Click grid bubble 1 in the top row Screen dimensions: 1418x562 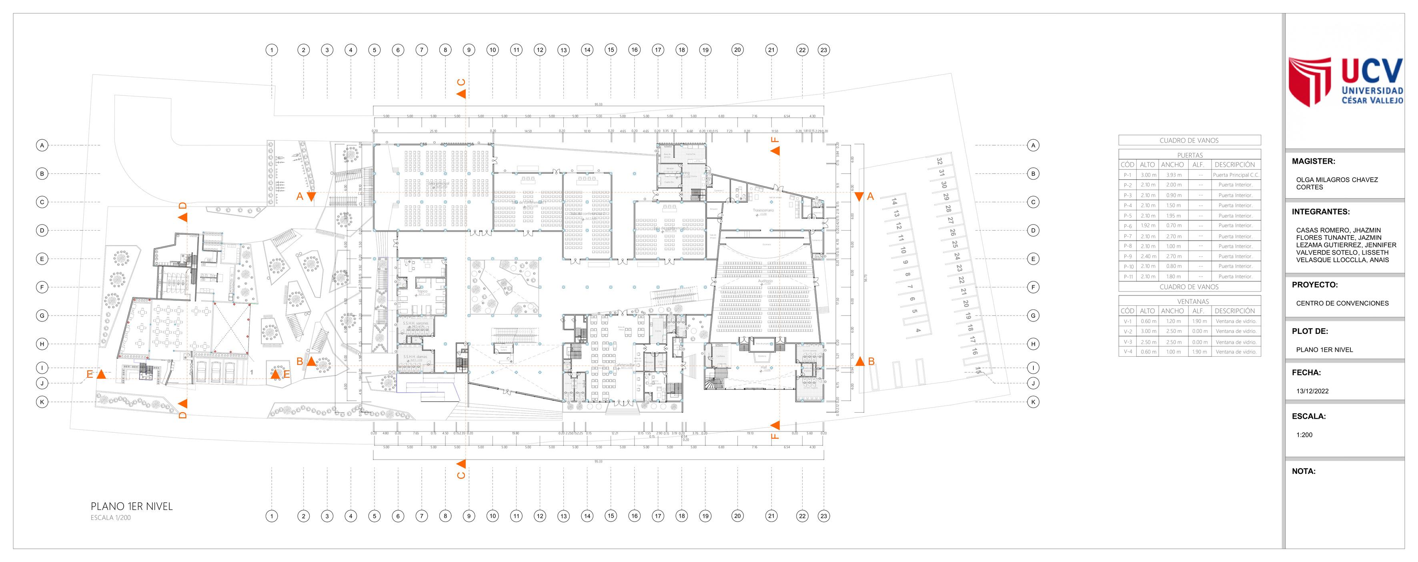click(271, 50)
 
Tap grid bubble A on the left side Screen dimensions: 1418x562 click(42, 145)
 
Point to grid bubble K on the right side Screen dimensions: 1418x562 click(1033, 402)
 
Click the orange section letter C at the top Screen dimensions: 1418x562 click(461, 82)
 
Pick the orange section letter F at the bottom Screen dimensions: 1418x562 click(775, 436)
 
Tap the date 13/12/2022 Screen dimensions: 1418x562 click(1312, 391)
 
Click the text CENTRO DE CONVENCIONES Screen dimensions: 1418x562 click(1342, 303)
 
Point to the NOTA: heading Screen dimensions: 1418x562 click(1304, 471)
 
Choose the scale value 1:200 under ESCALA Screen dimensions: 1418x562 click(1304, 435)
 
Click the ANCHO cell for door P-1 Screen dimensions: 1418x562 click(1174, 175)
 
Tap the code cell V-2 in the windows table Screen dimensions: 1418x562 click(1128, 331)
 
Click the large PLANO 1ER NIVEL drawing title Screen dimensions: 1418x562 click(132, 506)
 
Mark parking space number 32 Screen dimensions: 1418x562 click(939, 161)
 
